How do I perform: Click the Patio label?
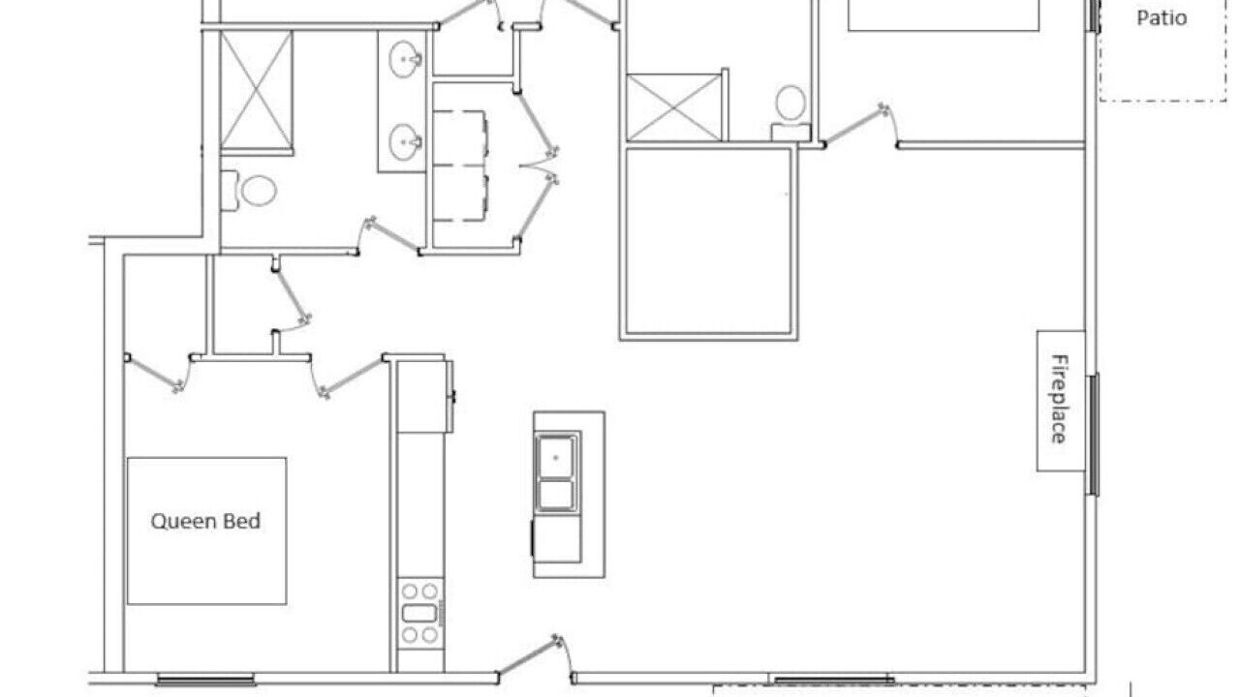click(1162, 17)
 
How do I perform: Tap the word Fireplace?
click(1060, 399)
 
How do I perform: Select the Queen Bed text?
click(206, 521)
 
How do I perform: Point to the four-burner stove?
click(419, 613)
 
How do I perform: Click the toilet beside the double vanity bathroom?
click(249, 191)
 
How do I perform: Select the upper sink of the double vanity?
click(405, 58)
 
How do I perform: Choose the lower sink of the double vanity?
click(405, 140)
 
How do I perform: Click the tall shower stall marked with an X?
click(257, 91)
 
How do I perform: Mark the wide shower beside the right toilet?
click(673, 107)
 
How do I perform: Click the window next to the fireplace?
click(1095, 435)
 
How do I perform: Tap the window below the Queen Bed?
click(205, 680)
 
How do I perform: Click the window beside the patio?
click(1095, 15)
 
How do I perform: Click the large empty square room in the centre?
click(708, 242)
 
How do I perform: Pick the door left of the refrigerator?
click(348, 376)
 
